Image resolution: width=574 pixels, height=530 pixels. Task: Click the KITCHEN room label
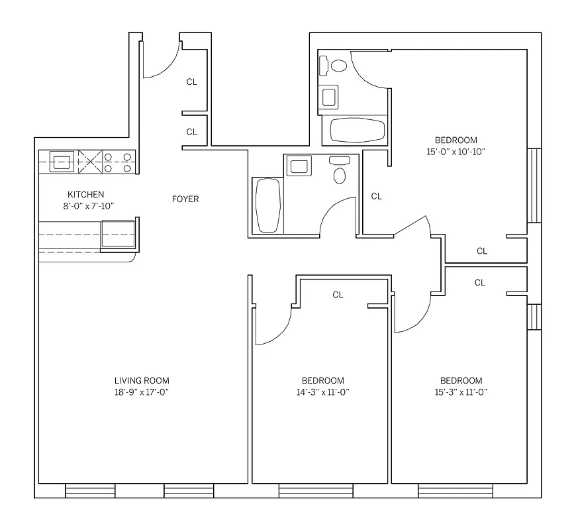[86, 195]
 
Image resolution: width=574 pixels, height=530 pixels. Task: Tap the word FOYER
[185, 199]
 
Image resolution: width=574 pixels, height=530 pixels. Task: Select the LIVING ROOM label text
[142, 380]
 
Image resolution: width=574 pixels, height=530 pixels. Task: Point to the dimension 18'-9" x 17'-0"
[142, 392]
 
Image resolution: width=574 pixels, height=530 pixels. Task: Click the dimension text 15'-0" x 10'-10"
[455, 151]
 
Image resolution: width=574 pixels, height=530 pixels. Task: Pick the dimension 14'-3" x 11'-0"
[323, 392]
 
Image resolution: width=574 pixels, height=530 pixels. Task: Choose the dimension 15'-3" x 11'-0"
[461, 392]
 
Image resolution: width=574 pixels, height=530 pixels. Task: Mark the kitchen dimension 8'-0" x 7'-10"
[86, 206]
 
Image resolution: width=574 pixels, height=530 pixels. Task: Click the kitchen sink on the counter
[64, 161]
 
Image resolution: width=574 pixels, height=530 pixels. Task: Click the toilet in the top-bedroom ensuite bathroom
[338, 66]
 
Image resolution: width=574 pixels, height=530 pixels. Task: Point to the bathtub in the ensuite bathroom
[357, 130]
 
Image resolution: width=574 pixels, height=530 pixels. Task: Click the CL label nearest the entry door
[191, 82]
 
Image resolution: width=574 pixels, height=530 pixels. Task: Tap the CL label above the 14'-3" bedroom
[338, 295]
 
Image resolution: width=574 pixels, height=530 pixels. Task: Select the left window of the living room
[90, 491]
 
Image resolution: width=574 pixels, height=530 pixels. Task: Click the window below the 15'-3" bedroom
[455, 491]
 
